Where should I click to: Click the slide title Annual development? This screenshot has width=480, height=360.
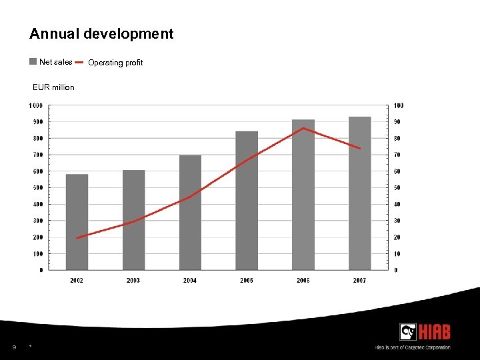click(x=101, y=34)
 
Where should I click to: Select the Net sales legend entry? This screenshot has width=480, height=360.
click(x=51, y=62)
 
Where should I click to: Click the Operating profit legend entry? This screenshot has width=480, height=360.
click(x=115, y=63)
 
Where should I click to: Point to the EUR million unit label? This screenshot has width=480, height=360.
click(x=53, y=87)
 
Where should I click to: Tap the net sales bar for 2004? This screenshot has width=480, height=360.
click(x=190, y=213)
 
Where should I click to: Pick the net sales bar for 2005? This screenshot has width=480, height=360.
click(x=247, y=201)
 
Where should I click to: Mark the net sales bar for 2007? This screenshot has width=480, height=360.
click(x=360, y=193)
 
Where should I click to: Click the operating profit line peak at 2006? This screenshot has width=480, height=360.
click(x=303, y=128)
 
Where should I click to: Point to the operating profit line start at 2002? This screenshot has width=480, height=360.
click(x=77, y=238)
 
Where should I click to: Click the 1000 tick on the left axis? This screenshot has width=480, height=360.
click(x=36, y=105)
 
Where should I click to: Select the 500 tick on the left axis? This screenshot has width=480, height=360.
click(x=37, y=188)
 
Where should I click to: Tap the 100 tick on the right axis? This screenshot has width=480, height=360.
click(x=399, y=105)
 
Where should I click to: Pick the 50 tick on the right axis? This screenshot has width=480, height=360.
click(x=397, y=188)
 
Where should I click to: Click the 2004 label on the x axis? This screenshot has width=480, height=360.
click(x=190, y=281)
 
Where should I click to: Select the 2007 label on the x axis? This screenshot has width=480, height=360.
click(x=360, y=281)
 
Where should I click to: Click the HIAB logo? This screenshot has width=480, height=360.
click(x=425, y=331)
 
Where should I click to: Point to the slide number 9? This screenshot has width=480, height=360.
click(x=14, y=346)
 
